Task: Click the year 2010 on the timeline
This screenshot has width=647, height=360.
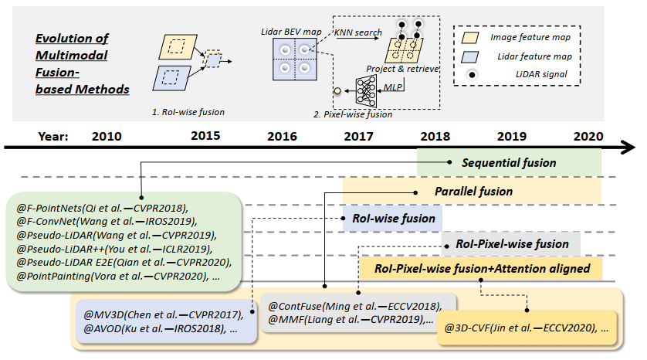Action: [107, 136]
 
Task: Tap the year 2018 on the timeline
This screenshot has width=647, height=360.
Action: [435, 136]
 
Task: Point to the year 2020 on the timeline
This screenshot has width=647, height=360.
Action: [589, 136]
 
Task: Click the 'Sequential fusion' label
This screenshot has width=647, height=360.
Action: [508, 163]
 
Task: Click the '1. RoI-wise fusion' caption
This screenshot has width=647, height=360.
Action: [188, 112]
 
